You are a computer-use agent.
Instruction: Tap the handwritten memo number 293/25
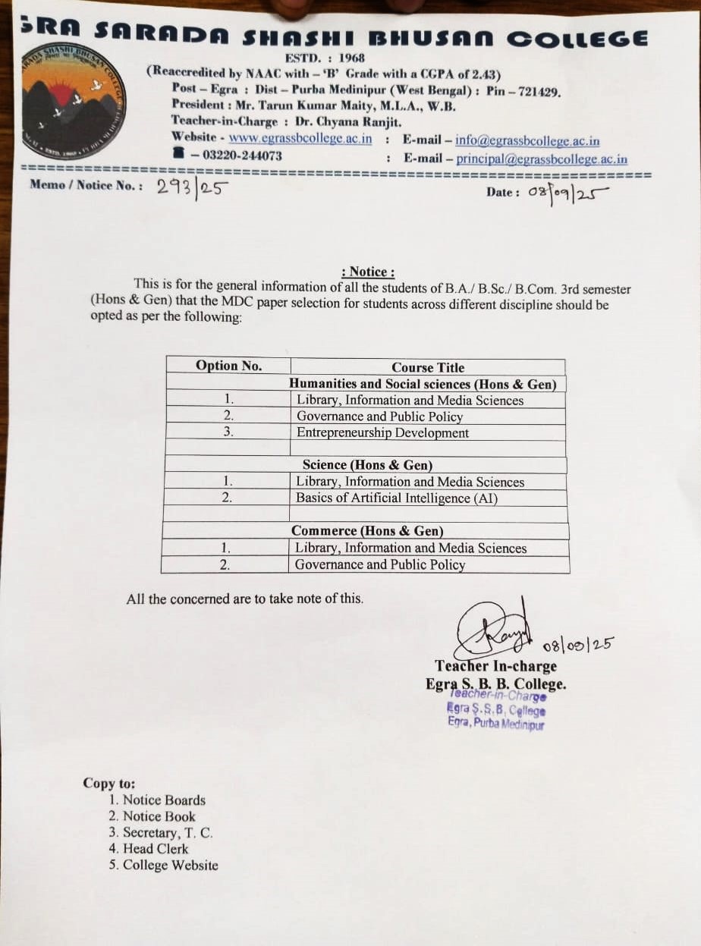coord(193,187)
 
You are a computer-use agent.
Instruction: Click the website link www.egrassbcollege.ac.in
coord(300,139)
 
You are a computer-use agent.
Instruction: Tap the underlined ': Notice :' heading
coord(368,272)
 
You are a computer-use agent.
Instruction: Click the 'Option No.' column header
coord(228,366)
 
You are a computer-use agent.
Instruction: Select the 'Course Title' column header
coord(428,367)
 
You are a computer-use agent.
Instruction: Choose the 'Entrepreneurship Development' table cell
coord(383,433)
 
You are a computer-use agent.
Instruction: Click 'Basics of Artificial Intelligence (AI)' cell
coord(397,498)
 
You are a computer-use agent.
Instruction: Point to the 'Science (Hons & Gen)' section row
coord(367,465)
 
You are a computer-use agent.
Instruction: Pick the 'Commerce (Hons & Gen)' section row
coord(367,531)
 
